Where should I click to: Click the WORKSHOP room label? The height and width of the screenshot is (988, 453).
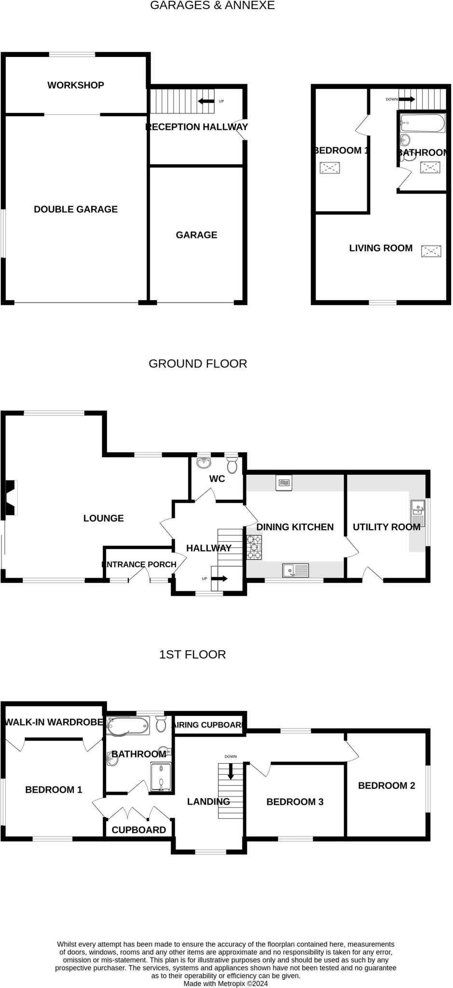tap(76, 85)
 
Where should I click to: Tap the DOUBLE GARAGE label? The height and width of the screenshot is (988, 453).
tap(76, 209)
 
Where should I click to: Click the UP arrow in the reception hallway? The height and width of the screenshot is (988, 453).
tap(206, 101)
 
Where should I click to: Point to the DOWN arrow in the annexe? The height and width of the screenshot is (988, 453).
tap(406, 99)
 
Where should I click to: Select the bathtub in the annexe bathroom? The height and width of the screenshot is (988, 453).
tap(423, 123)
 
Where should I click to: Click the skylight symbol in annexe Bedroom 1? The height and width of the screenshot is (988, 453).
tap(329, 168)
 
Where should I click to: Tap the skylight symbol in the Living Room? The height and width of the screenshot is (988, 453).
tap(431, 251)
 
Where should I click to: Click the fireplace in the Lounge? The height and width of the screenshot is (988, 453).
tap(11, 497)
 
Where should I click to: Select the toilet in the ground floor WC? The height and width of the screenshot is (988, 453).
tap(232, 466)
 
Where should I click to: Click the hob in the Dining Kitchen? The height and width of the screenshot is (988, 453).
tap(254, 547)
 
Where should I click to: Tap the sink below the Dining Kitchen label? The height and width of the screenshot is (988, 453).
tap(295, 571)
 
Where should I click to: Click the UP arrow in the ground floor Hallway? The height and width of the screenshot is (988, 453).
tap(220, 578)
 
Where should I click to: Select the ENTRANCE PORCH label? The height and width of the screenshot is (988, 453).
tap(139, 564)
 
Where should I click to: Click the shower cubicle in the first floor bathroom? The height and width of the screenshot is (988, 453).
tap(161, 776)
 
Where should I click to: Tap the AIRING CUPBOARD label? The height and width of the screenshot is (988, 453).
tap(208, 725)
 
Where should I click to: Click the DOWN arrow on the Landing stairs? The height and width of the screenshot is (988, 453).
tap(231, 771)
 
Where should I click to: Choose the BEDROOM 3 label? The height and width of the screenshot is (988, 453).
tap(295, 802)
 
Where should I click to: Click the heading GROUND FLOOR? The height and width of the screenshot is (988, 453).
tap(198, 364)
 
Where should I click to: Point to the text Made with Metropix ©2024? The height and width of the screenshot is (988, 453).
tap(225, 983)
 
